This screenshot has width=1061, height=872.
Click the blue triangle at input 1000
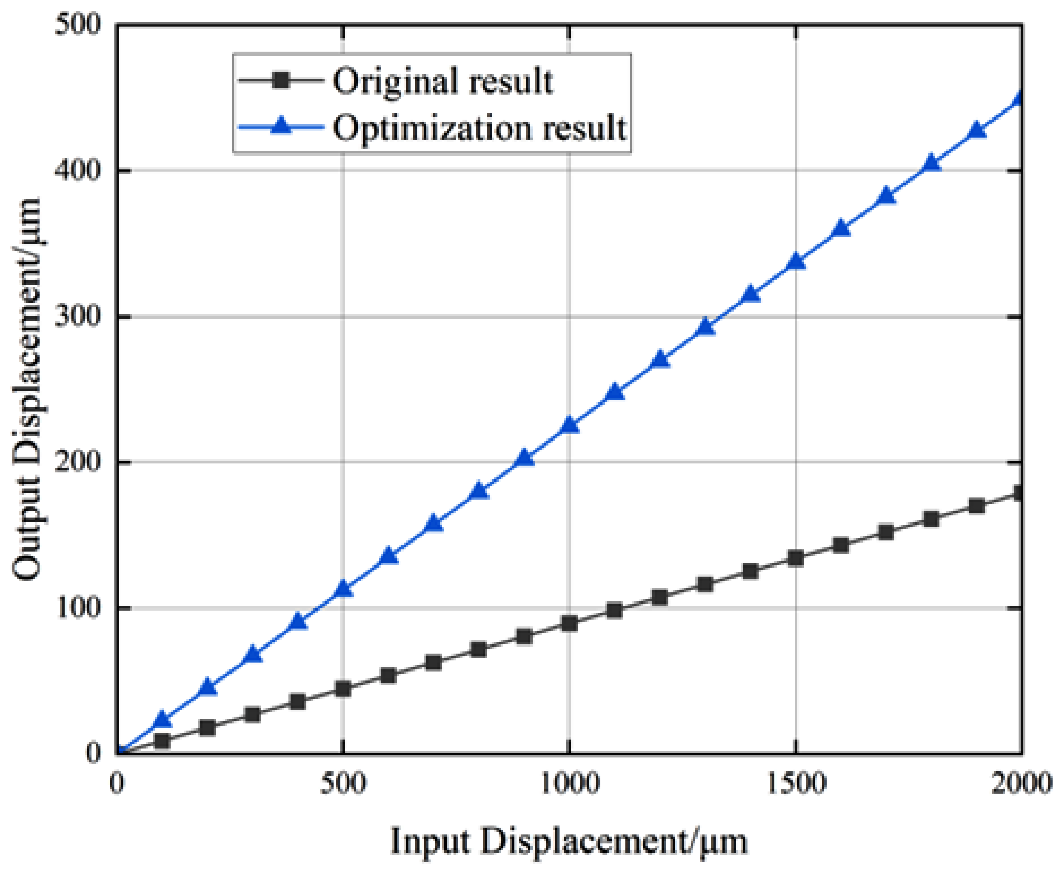click(x=569, y=425)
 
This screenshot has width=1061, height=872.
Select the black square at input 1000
click(x=569, y=623)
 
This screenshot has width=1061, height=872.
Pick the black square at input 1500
click(x=796, y=558)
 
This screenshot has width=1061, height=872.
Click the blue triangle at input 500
click(x=343, y=589)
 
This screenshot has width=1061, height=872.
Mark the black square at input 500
click(x=343, y=689)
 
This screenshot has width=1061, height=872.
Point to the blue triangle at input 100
click(x=162, y=719)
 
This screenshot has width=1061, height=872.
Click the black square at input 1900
click(x=976, y=506)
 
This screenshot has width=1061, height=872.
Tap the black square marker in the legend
click(x=281, y=80)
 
